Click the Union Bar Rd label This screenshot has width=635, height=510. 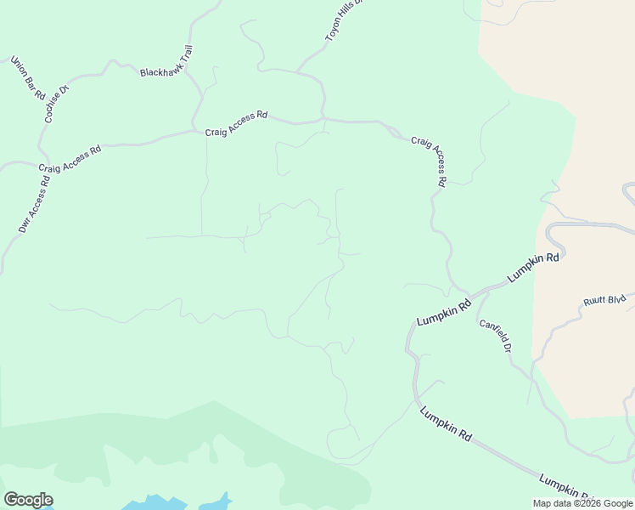coord(28,79)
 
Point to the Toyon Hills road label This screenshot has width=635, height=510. coord(344,20)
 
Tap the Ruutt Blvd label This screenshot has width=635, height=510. coord(604,300)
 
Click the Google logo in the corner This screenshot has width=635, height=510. coord(28,500)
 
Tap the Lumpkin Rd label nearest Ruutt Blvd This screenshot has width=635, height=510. coord(533,268)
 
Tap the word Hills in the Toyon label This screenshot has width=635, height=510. coord(348,15)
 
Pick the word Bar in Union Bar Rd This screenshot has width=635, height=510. coord(28,79)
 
